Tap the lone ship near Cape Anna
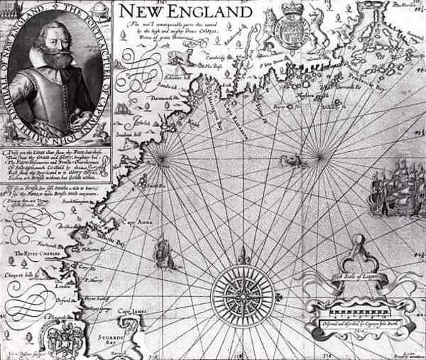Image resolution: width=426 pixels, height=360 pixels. click(163, 250)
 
